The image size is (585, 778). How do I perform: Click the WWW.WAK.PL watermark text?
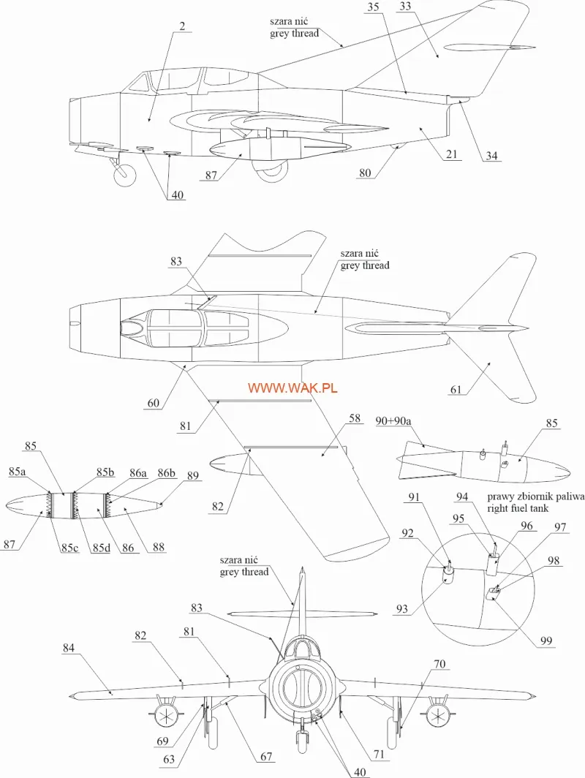click(x=292, y=388)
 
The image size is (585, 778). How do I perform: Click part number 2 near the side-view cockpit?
click(x=182, y=26)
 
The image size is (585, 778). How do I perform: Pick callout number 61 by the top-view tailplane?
click(x=456, y=390)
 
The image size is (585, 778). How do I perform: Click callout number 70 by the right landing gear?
click(x=439, y=664)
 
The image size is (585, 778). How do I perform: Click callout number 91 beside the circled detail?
click(x=414, y=498)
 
